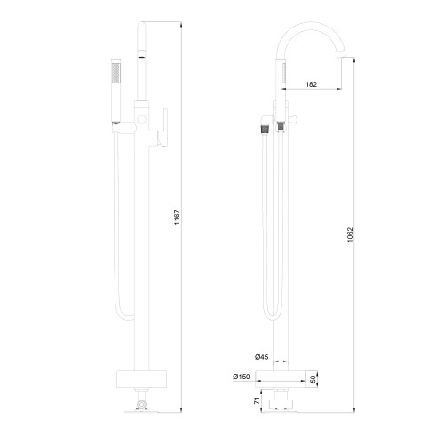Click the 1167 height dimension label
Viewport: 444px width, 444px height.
pos(177,218)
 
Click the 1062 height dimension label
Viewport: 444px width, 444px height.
pos(350,234)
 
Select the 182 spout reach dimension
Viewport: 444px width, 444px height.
pos(311,84)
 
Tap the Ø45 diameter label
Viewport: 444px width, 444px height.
pos(261,357)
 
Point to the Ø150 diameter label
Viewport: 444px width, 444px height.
pos(242,377)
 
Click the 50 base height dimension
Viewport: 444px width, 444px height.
pos(313,379)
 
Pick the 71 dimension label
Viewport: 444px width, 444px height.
pos(257,400)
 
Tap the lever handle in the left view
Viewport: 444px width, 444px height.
pos(163,127)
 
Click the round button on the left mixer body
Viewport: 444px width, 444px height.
pos(141,120)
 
